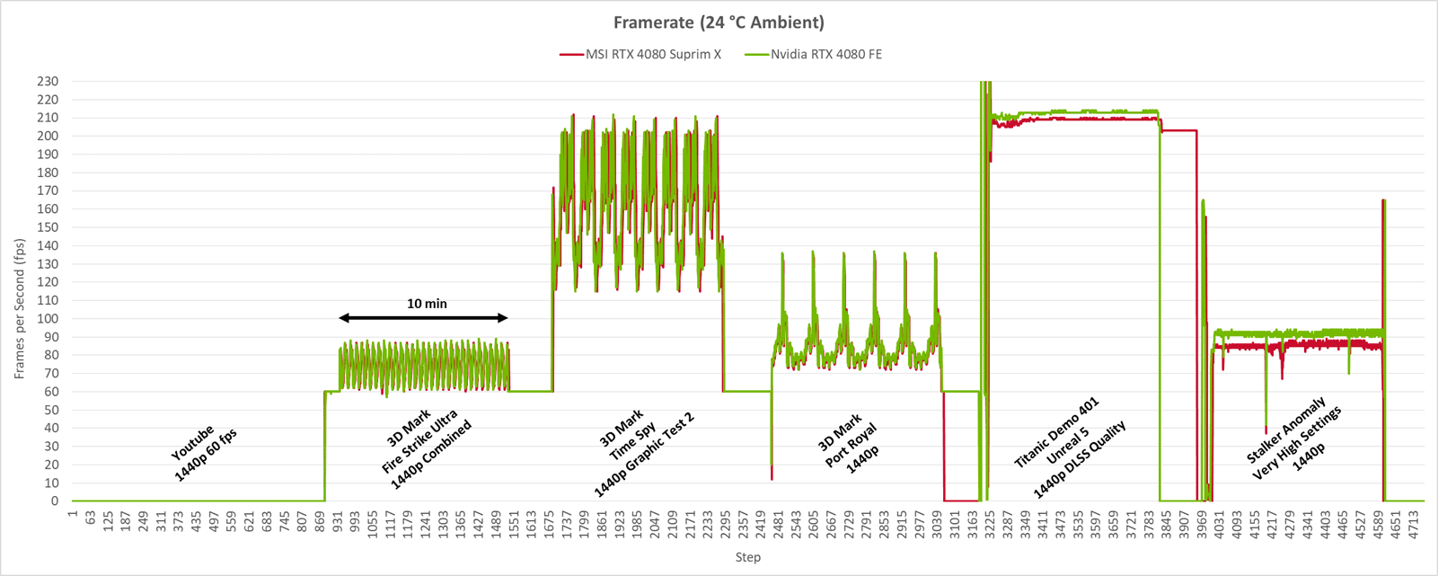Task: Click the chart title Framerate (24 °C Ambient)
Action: click(719, 22)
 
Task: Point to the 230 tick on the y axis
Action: click(49, 81)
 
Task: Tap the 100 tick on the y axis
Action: click(49, 319)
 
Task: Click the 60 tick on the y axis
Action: click(52, 392)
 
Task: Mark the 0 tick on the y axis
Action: click(55, 501)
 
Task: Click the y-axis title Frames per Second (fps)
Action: click(19, 309)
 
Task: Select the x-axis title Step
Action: click(747, 557)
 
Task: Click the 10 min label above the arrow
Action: click(427, 304)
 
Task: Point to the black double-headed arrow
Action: click(424, 318)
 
